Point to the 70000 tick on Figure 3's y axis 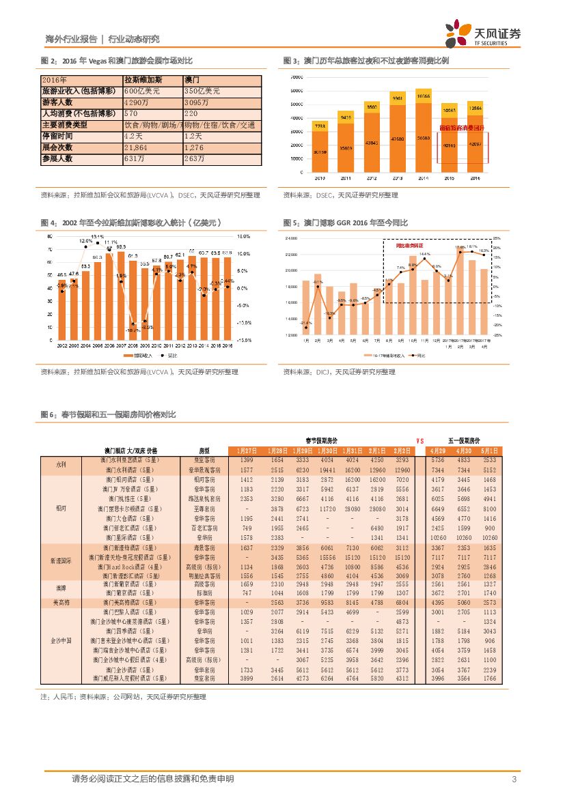(297, 77)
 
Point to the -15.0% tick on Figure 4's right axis (245, 339)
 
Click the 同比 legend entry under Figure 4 (169, 356)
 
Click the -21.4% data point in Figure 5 (306, 329)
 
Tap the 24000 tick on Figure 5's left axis (290, 238)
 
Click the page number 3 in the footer (513, 780)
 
